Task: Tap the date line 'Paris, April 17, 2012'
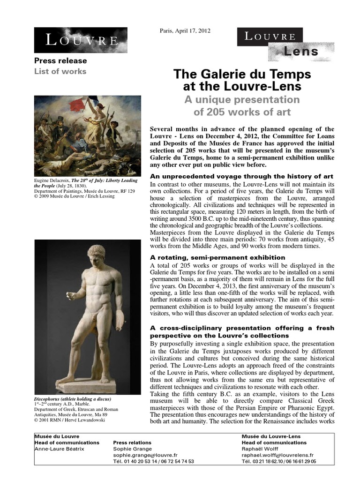point(186,31)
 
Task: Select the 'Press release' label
point(60,61)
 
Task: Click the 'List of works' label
point(60,71)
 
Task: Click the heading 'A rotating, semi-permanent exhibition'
point(217,257)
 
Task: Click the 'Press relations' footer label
point(132,442)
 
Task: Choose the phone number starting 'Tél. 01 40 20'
point(153,461)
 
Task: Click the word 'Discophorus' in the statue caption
point(50,398)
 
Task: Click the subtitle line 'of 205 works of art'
point(242,112)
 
